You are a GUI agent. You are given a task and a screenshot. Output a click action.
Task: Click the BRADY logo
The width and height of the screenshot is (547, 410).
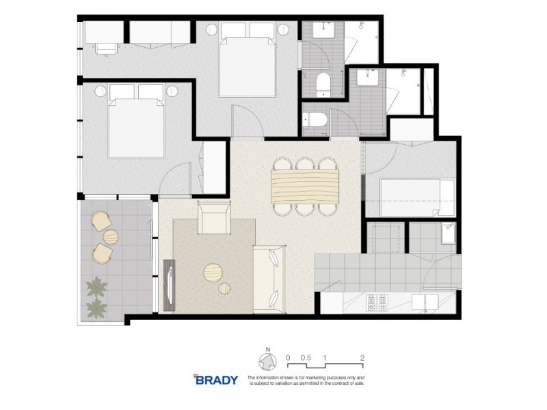coord(216,379)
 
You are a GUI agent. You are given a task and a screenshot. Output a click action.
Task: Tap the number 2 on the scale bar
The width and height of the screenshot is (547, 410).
coord(361,357)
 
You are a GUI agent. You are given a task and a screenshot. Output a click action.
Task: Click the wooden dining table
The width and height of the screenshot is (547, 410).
coord(305,185)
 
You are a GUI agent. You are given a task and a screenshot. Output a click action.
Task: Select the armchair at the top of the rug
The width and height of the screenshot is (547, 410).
coord(214,219)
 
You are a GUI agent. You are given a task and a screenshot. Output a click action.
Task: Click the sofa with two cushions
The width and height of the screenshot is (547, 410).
coord(269,279)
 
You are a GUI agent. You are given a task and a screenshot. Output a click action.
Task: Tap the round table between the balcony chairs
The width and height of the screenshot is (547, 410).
coord(109,236)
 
